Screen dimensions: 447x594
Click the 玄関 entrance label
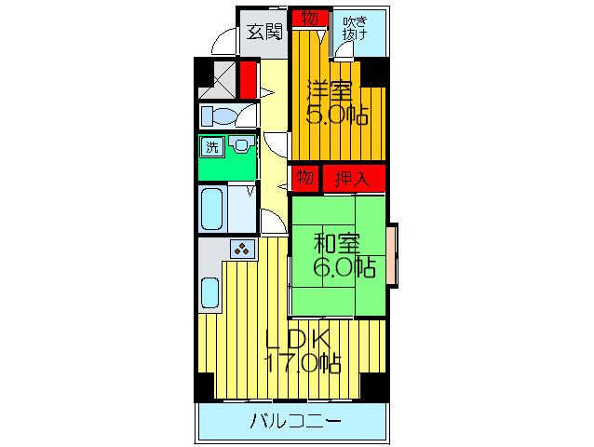(x=264, y=33)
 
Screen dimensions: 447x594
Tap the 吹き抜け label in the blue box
(x=354, y=28)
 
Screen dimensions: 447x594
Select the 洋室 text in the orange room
(x=331, y=91)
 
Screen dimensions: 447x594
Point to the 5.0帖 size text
(x=336, y=115)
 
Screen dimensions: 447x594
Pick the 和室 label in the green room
(x=336, y=244)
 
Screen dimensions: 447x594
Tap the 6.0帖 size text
(x=344, y=268)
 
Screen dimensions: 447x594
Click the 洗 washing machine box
(x=213, y=147)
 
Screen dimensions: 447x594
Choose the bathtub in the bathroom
(x=213, y=209)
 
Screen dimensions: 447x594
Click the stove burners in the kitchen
(x=243, y=249)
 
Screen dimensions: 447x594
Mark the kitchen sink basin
(x=209, y=294)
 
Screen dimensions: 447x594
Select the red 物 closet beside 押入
(x=304, y=177)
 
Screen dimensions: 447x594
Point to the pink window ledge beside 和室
(x=394, y=255)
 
